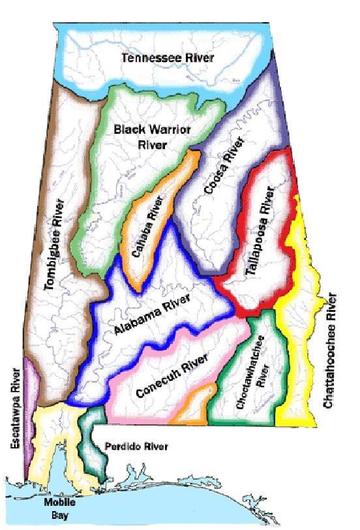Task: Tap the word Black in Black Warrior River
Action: [x=128, y=129]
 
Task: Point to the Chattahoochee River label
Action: [x=331, y=352]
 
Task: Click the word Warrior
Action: [x=172, y=129]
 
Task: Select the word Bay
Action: [x=59, y=515]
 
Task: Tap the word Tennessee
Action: [x=148, y=58]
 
